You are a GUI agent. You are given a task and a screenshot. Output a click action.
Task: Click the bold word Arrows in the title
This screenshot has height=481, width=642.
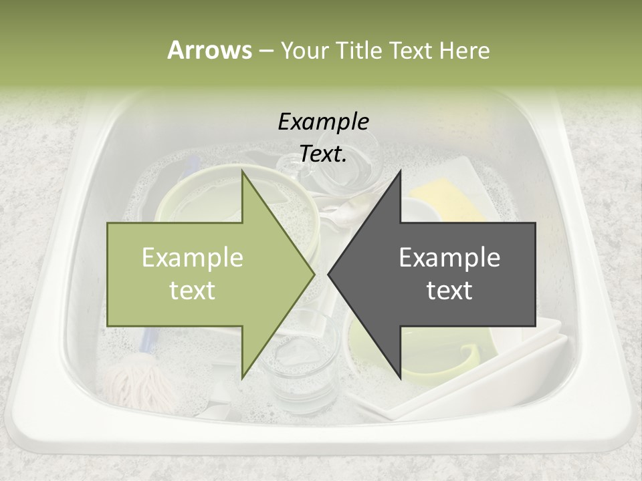point(209,50)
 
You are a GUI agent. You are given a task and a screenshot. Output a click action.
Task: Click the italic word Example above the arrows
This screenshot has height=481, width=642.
point(323,122)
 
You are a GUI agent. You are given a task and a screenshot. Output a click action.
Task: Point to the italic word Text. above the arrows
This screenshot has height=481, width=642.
point(323,154)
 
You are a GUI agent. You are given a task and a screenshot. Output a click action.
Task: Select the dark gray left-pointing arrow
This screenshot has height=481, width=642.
point(441,274)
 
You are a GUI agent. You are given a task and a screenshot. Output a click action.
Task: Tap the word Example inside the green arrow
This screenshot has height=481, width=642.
point(193,258)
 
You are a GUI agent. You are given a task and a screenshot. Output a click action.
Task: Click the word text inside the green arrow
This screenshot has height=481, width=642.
point(193,291)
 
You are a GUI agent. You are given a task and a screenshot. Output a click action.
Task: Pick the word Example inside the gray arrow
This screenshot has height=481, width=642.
point(449,258)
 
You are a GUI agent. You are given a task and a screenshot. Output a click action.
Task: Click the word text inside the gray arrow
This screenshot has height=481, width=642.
point(449,291)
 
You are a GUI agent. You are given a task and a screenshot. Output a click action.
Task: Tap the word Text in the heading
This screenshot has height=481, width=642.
point(409,50)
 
